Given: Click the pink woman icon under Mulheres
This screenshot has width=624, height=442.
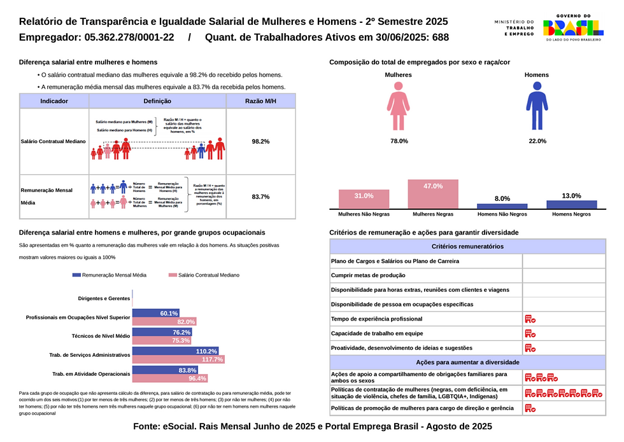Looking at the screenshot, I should click(398, 106).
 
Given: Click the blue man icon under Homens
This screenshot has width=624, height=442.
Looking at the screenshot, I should click(537, 106).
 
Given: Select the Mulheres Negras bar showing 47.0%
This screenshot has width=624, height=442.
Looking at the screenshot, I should click(433, 194).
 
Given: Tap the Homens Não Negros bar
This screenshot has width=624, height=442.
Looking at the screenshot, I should click(502, 206).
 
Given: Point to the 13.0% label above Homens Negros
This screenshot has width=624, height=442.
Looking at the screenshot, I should click(571, 196).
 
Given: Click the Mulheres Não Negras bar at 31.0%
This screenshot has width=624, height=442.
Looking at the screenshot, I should click(364, 199).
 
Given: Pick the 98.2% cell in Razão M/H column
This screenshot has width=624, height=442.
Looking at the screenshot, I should click(260, 141).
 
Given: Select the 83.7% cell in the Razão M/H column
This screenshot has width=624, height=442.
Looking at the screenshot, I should click(260, 197).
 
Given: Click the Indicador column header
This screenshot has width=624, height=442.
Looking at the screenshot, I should click(54, 101).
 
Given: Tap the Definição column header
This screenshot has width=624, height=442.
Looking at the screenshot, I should click(157, 101).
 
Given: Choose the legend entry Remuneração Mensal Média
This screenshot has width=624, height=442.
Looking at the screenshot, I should click(110, 275).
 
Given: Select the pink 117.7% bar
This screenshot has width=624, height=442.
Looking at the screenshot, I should click(178, 360).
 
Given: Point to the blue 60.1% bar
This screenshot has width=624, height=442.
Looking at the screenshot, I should click(155, 314).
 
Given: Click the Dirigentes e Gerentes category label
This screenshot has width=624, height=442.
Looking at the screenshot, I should click(104, 298).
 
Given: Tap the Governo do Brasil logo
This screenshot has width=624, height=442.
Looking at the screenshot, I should click(572, 27).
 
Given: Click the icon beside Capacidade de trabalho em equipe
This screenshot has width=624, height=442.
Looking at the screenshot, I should click(530, 333).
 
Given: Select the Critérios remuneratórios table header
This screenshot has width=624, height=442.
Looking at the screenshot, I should click(467, 246).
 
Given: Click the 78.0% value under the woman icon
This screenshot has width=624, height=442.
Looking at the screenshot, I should click(399, 141).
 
